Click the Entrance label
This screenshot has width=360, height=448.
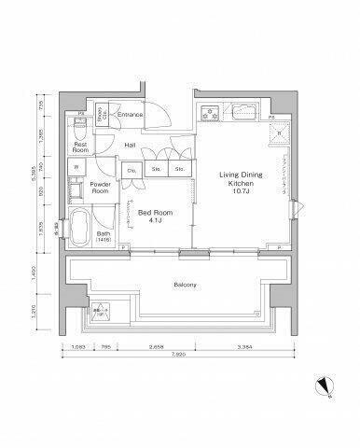click(x=131, y=116)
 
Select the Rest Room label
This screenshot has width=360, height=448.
click(x=80, y=147)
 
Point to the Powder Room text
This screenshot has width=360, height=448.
click(x=100, y=188)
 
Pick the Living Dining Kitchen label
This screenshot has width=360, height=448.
click(x=238, y=181)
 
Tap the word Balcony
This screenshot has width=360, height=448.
click(x=184, y=285)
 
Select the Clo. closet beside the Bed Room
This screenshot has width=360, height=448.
click(x=131, y=170)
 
